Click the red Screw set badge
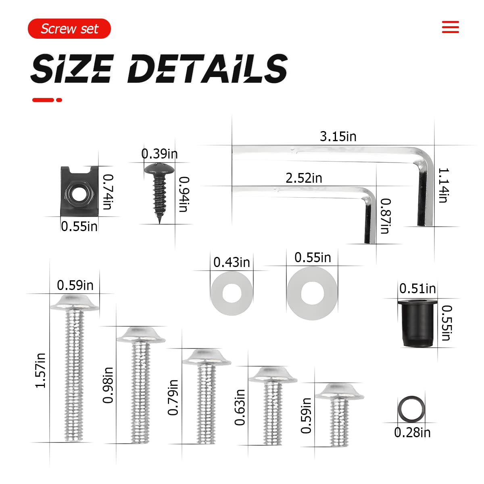click(69, 29)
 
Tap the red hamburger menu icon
click(451, 27)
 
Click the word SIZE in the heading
click(72, 68)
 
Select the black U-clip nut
click(79, 191)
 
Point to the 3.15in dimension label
click(338, 137)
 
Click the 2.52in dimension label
click(304, 178)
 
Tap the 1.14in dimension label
click(443, 186)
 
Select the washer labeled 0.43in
click(232, 293)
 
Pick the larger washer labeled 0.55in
click(312, 293)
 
